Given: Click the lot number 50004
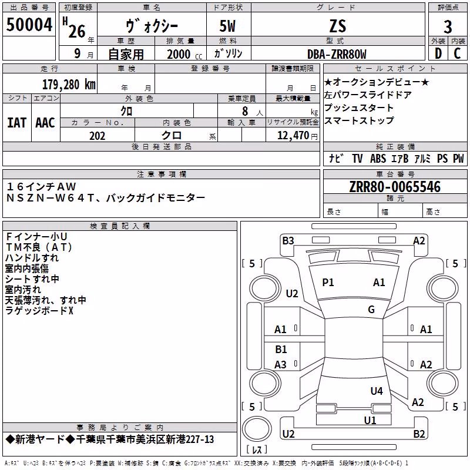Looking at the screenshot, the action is [x=29, y=25].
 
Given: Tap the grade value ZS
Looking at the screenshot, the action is [x=338, y=26].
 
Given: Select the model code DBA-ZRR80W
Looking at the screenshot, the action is [x=337, y=54].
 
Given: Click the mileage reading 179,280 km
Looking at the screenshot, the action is [x=69, y=85].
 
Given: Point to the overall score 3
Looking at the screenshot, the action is [x=448, y=27].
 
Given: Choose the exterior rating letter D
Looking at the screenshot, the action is [x=438, y=53].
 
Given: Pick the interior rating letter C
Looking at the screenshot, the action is [x=457, y=53].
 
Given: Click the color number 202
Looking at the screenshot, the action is [x=97, y=136].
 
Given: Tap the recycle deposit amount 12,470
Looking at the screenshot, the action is [x=293, y=135].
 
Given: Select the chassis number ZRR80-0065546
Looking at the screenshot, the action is [x=395, y=187].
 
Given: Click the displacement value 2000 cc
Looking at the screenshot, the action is [x=184, y=54].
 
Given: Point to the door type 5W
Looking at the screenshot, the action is [x=227, y=26].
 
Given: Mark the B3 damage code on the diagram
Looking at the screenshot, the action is [x=288, y=241].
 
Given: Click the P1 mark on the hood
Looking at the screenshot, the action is [x=328, y=283].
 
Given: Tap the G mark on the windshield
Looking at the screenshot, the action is [x=371, y=309].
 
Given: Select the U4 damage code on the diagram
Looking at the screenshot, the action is [x=377, y=391].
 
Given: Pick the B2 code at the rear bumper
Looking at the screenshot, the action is [x=419, y=434].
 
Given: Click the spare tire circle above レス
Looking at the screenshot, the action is [x=257, y=428].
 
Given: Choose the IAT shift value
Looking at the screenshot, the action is [x=17, y=123].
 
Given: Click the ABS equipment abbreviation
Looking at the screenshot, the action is [x=378, y=158].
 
